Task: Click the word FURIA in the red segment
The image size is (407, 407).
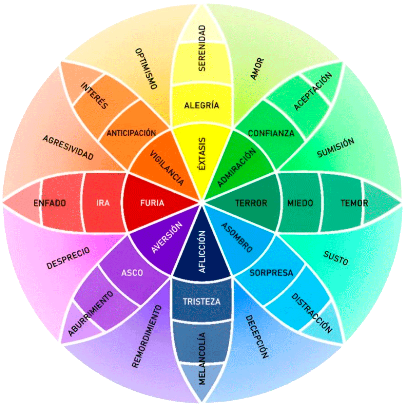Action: [152, 203]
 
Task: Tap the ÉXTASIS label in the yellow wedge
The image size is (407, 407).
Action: [202, 154]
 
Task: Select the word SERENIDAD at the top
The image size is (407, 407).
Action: [202, 48]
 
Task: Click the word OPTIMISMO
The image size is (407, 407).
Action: [146, 69]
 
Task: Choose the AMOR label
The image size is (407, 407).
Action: [257, 69]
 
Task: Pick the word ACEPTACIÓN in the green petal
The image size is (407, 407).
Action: [313, 91]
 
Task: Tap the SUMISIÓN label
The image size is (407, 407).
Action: [335, 148]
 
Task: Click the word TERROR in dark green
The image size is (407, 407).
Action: [251, 203]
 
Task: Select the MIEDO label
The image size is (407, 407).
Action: [300, 203]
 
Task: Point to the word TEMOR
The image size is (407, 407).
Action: [354, 203]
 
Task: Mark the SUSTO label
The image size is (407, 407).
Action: [336, 258]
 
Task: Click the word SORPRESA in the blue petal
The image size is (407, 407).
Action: [271, 273]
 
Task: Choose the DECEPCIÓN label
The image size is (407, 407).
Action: [257, 336]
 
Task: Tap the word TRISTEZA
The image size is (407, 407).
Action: [201, 302]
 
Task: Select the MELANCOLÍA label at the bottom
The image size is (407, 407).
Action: [202, 358]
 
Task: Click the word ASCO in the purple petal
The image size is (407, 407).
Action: [132, 273]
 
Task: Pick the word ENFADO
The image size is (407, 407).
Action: [50, 203]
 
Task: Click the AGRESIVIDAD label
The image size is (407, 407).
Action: [68, 148]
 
